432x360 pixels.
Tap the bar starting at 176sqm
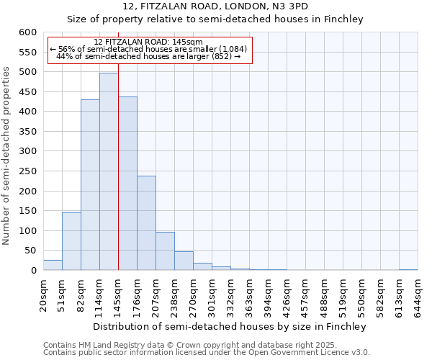(146, 222)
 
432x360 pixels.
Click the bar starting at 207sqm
(165, 251)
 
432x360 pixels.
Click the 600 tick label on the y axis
(27, 32)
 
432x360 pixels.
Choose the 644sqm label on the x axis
(418, 296)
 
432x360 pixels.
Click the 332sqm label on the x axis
(230, 296)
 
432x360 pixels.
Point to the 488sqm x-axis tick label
(324, 296)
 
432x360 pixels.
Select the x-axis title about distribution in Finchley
(230, 326)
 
